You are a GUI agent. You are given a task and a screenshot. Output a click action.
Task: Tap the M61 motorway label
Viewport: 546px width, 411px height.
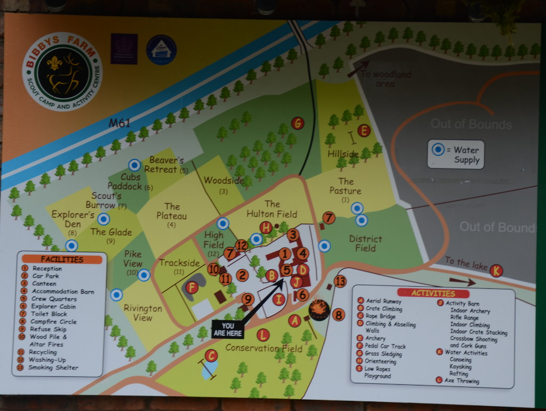pos(119,123)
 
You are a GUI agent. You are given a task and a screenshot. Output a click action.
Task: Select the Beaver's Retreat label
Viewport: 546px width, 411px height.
pos(167,165)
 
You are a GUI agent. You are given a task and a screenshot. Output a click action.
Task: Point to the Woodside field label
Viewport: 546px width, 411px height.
pos(223,181)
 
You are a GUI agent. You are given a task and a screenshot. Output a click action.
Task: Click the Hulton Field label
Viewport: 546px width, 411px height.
pos(272,209)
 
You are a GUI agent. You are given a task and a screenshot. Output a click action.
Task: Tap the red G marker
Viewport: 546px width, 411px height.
pos(298,123)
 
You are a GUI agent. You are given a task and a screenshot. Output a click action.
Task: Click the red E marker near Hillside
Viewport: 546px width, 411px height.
pos(364,131)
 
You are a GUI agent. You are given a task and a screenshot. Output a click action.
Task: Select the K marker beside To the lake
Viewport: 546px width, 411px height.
pos(496,270)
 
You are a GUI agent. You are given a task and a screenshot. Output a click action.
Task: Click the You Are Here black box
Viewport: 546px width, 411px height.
pos(228,329)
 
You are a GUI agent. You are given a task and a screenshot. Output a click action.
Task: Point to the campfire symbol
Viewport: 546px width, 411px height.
pos(319,310)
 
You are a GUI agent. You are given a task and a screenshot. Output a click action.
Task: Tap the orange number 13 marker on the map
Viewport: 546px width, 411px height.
pos(340,281)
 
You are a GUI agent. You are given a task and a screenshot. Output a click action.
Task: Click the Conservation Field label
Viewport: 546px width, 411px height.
pos(263,348)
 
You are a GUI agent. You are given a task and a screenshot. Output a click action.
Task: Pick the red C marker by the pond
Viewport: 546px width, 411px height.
pos(211,356)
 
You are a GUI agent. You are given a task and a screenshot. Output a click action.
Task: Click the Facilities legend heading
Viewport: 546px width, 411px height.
pos(62,260)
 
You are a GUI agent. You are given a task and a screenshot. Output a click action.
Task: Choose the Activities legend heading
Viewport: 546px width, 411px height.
pos(433,293)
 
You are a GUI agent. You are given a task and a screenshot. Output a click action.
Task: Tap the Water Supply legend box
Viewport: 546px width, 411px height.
pos(456,155)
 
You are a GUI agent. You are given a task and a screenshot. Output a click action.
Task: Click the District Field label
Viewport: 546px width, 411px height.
pos(365,243)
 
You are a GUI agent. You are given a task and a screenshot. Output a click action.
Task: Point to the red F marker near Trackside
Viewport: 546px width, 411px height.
pos(192,288)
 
